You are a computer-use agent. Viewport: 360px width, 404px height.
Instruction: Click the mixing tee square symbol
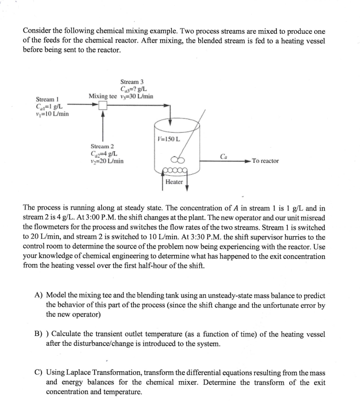point(103,106)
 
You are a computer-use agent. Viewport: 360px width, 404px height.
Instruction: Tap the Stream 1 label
point(47,99)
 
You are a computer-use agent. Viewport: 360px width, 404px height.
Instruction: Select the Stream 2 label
point(102,146)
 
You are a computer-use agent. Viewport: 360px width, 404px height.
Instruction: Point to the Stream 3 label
point(132,82)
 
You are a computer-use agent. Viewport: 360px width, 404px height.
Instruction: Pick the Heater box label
point(174,181)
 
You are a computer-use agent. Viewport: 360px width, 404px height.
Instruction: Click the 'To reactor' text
point(265,161)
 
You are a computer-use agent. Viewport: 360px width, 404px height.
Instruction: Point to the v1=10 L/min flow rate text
point(47,113)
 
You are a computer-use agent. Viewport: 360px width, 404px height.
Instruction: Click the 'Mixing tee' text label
point(103,96)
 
